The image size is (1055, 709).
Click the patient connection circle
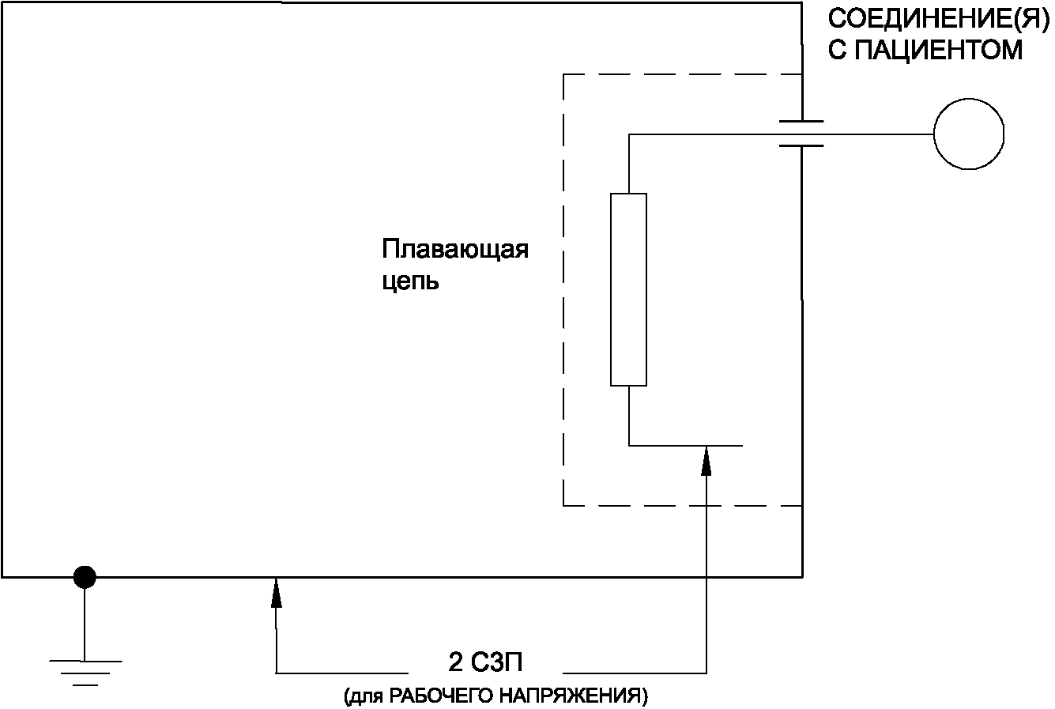tap(968, 134)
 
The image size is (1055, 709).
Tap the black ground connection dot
tap(85, 578)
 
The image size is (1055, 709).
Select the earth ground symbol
tap(85, 671)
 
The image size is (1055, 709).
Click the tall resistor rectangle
tap(629, 289)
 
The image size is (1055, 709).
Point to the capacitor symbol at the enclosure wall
tap(801, 134)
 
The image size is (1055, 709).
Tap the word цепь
tap(410, 281)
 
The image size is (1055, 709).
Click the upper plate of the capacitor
tap(801, 122)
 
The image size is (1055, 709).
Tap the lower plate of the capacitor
tap(801, 145)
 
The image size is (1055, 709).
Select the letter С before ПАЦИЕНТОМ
tap(836, 51)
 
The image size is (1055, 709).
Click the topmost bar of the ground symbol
tap(85, 660)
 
